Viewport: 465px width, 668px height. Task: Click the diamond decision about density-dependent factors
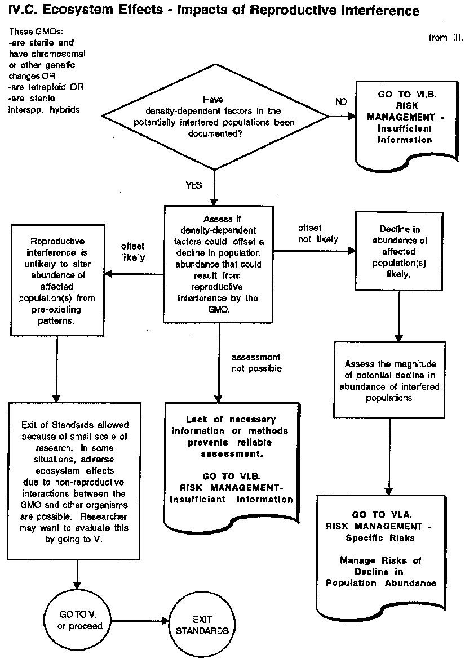215,117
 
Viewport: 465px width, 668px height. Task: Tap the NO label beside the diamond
341,102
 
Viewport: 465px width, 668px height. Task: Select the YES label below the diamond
193,185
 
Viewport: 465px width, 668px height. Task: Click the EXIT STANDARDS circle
202,625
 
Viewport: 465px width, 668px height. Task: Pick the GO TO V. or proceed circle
77,621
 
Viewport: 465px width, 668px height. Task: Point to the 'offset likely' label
133,252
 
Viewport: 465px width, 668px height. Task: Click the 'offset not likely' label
318,233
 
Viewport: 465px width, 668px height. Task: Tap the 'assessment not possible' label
256,363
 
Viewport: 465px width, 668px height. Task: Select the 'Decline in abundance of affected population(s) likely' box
400,251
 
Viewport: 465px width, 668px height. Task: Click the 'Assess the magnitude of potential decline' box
389,380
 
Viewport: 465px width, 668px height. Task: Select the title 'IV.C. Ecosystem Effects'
85,10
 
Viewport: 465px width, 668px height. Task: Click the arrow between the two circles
140,621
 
